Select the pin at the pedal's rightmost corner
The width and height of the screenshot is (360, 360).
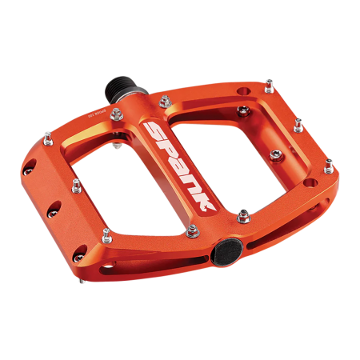point(329,166)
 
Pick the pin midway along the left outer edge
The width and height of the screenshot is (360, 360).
point(76,186)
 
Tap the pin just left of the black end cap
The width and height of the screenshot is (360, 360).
point(191,231)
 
